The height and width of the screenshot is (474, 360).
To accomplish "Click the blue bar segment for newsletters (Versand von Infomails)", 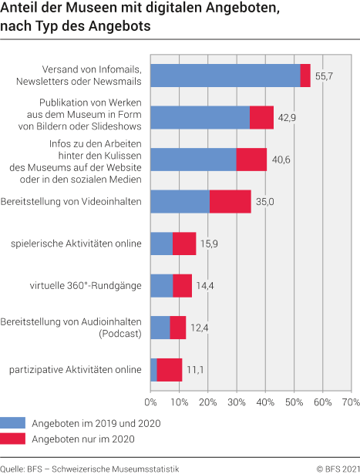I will [224, 76].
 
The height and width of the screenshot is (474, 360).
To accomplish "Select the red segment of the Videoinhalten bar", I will [230, 201].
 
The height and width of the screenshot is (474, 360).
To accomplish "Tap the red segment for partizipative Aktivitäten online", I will [169, 370].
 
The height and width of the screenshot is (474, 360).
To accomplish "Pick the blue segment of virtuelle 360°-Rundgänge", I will [161, 285].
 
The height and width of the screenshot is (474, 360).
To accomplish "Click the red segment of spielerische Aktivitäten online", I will [183, 244].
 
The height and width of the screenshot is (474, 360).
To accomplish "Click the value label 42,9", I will [288, 117].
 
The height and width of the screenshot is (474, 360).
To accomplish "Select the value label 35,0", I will [266, 201].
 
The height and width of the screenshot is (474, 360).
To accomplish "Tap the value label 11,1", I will [197, 370].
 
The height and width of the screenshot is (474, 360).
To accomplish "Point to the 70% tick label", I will [350, 402].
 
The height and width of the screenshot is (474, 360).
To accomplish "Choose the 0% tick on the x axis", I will [150, 402].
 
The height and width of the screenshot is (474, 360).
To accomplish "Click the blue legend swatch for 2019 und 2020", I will [13, 423].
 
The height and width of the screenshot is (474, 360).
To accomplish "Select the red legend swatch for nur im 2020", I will [13, 439].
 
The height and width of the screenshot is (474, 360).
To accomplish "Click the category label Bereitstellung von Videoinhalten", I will [72, 201].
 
